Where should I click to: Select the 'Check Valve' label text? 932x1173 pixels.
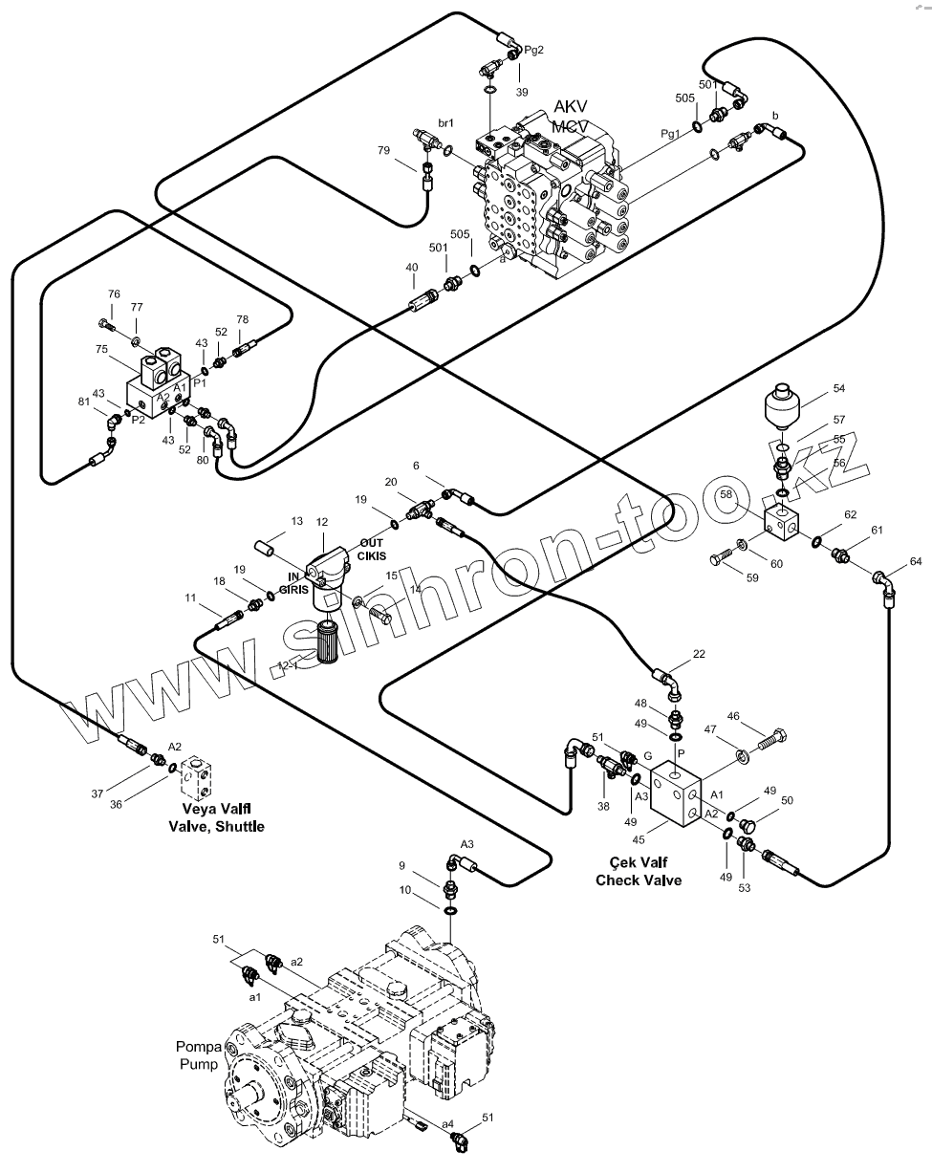click(639, 880)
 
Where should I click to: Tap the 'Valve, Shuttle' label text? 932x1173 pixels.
click(216, 826)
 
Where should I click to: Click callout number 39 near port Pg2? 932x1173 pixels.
click(522, 92)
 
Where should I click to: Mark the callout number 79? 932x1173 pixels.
click(383, 150)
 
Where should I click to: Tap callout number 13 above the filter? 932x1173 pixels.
click(297, 521)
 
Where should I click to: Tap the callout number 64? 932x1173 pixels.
click(916, 561)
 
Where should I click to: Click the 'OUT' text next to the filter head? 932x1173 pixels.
click(372, 543)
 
